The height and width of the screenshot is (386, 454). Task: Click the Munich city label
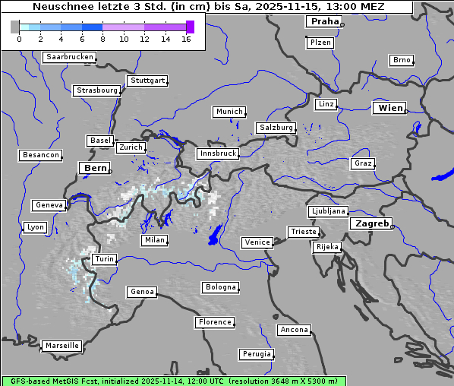[229, 112]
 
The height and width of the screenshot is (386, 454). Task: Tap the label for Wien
[391, 108]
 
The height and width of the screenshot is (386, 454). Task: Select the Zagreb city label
[371, 224]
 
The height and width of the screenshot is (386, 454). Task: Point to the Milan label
[154, 240]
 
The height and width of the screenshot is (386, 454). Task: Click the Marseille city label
[61, 346]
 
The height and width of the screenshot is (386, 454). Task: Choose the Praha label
[324, 21]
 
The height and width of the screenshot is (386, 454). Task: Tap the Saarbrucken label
[70, 57]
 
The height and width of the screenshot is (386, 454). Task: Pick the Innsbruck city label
[217, 153]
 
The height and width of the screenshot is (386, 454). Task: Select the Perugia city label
[257, 354]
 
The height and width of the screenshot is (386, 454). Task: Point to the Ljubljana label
[328, 211]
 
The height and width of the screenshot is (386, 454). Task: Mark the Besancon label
[41, 155]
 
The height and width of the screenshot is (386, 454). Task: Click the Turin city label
[105, 259]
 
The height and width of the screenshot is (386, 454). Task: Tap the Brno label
[402, 60]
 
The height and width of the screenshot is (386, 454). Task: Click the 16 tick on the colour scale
[186, 39]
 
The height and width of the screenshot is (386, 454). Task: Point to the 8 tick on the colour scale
[102, 39]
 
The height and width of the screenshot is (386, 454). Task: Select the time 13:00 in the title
[331, 7]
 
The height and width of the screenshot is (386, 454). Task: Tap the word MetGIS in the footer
[68, 381]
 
